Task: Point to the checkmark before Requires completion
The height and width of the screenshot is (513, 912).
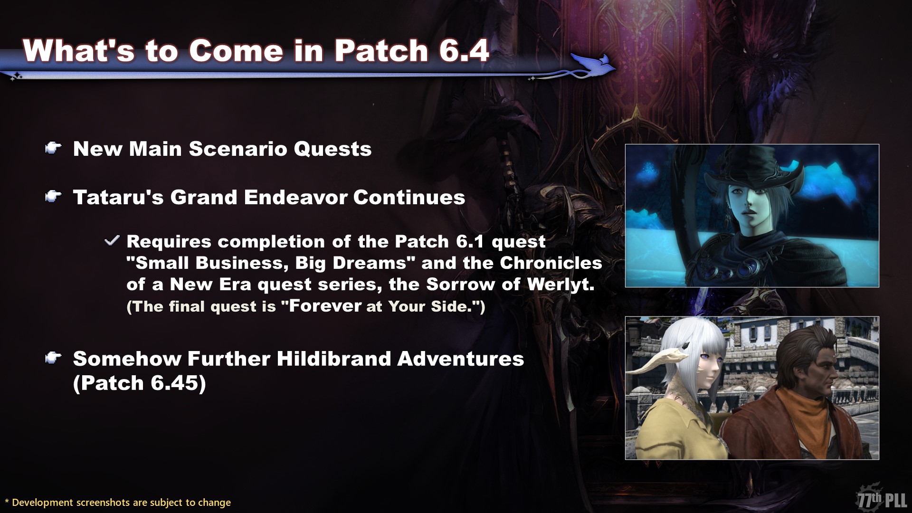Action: tap(112, 241)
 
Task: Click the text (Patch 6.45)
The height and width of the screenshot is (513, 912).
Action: tap(140, 383)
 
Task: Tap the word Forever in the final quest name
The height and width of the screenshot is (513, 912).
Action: tap(325, 305)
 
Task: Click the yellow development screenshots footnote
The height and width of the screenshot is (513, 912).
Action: tap(118, 502)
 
